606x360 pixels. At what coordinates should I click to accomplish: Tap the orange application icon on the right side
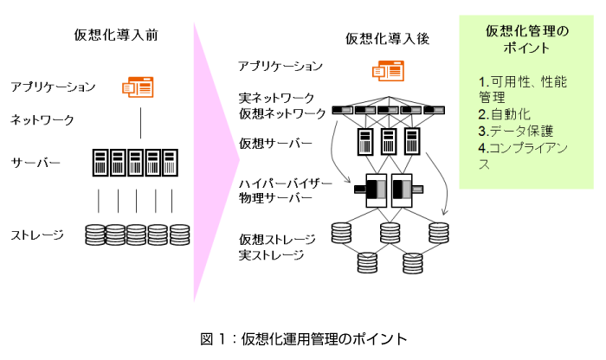click(x=388, y=70)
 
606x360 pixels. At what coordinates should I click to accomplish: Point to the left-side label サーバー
click(x=35, y=163)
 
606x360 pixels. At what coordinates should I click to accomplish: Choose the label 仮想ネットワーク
click(x=282, y=113)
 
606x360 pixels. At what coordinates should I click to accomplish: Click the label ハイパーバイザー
click(x=281, y=183)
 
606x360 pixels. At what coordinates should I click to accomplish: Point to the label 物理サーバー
click(x=270, y=198)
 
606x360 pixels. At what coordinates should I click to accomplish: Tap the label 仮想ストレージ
click(x=271, y=239)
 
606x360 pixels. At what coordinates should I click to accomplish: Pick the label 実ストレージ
click(x=265, y=254)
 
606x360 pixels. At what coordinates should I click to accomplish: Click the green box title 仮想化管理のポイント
click(x=527, y=41)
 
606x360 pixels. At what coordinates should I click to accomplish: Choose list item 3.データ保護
click(x=516, y=131)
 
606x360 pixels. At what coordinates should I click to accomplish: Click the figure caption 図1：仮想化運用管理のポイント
click(x=303, y=338)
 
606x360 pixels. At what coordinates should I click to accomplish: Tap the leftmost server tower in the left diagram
click(x=100, y=161)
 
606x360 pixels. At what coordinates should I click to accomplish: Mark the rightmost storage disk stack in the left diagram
click(x=179, y=235)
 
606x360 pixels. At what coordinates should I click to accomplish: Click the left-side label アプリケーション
click(x=53, y=87)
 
